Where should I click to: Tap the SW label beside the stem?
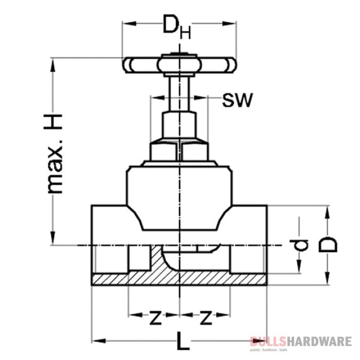237,100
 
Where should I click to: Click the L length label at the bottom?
181,340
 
